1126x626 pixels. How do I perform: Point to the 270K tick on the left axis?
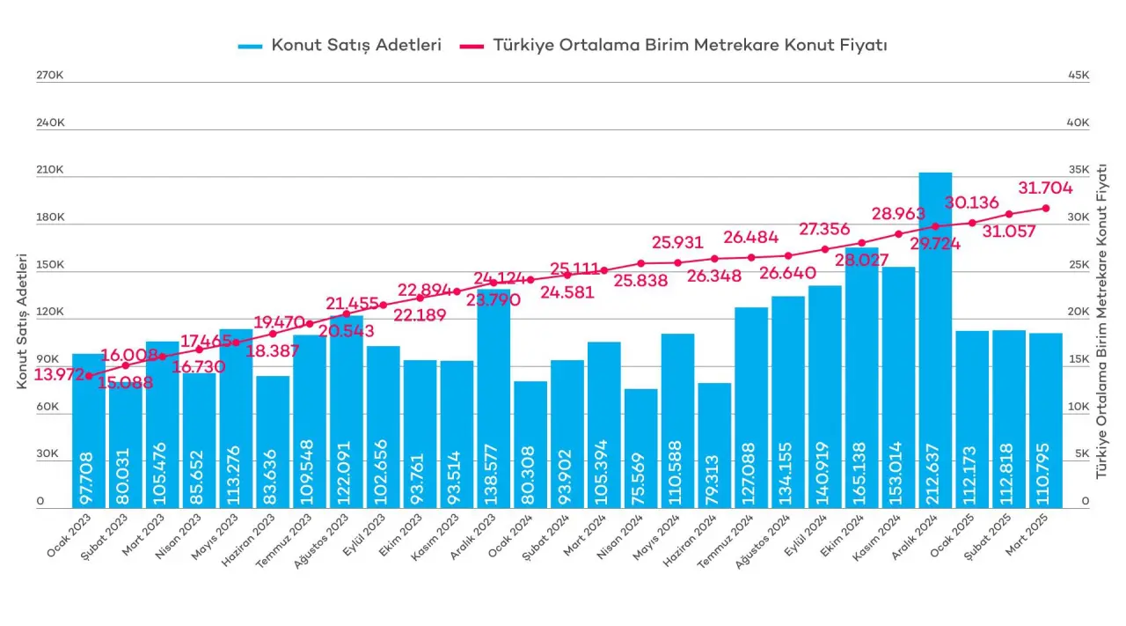pyautogui.click(x=49, y=76)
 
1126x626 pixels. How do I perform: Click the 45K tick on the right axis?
pyautogui.click(x=1078, y=76)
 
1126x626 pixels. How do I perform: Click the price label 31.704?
pyautogui.click(x=1045, y=188)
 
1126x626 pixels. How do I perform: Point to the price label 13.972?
pyautogui.click(x=60, y=375)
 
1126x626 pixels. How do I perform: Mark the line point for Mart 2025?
pyautogui.click(x=1046, y=208)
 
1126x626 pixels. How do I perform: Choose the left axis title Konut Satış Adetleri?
pyautogui.click(x=22, y=321)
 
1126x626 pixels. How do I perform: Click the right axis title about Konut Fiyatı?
pyautogui.click(x=1102, y=321)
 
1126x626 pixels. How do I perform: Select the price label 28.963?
pyautogui.click(x=898, y=214)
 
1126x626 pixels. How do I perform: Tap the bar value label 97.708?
pyautogui.click(x=88, y=481)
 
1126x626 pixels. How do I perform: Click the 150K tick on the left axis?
pyautogui.click(x=49, y=265)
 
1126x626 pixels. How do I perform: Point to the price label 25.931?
pyautogui.click(x=677, y=242)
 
